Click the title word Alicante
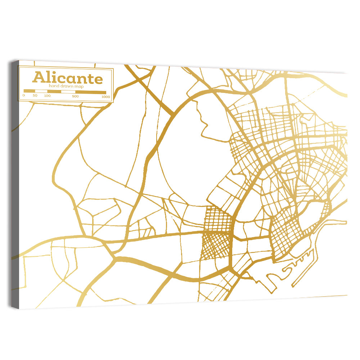click(67, 78)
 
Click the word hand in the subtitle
click(54, 86)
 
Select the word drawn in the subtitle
click(67, 86)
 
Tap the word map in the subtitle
click(80, 86)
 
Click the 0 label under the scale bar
click(24, 96)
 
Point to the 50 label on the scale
click(35, 96)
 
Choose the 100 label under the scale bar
click(47, 96)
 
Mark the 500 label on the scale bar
click(75, 96)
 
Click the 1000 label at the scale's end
click(105, 96)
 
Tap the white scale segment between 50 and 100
click(41, 91)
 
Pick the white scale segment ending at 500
click(68, 92)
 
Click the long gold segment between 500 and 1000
click(90, 92)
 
